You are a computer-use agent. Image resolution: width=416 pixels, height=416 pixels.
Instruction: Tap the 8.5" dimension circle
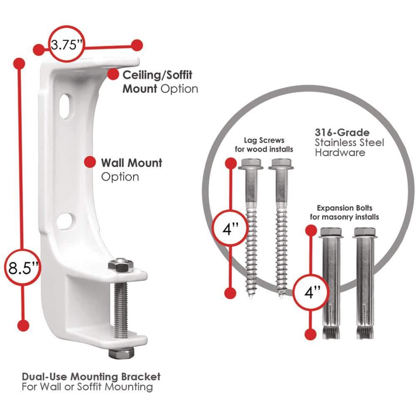pyautogui.click(x=23, y=267)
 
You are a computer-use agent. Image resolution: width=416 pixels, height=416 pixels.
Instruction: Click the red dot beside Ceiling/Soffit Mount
pyautogui.click(x=112, y=74)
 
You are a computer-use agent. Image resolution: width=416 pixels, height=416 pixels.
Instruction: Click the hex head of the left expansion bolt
pyautogui.click(x=331, y=232)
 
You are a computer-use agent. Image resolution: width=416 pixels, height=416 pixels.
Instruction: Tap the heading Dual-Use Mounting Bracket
pyautogui.click(x=91, y=377)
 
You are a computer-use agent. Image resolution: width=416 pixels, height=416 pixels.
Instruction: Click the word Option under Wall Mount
pyautogui.click(x=120, y=177)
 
